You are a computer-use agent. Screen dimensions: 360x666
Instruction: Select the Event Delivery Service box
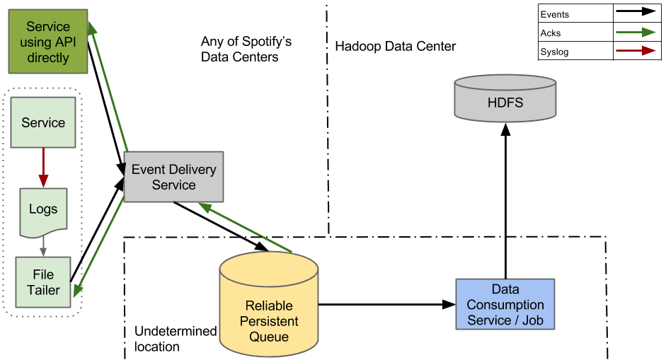click(173, 177)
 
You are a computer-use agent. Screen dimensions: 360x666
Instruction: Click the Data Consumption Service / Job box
click(505, 304)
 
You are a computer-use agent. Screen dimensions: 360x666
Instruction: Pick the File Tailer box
click(44, 281)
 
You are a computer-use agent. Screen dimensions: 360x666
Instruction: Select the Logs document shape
click(43, 211)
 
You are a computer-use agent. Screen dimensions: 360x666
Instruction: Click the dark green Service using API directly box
click(48, 42)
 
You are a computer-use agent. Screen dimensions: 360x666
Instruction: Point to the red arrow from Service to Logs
click(43, 167)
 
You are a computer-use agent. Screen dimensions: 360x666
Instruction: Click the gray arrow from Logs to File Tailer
click(43, 245)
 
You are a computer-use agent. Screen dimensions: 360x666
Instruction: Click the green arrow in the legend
click(635, 32)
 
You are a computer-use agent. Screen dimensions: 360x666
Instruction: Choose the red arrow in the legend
click(635, 50)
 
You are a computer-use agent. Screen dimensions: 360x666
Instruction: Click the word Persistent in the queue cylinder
click(269, 321)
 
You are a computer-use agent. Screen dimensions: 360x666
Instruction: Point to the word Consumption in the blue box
click(505, 305)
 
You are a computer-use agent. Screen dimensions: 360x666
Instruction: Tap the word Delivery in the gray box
click(192, 170)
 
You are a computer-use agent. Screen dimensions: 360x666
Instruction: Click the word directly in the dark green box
click(48, 57)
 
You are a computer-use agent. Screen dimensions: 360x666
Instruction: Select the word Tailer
click(44, 289)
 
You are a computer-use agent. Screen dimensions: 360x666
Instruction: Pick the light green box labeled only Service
click(43, 123)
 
